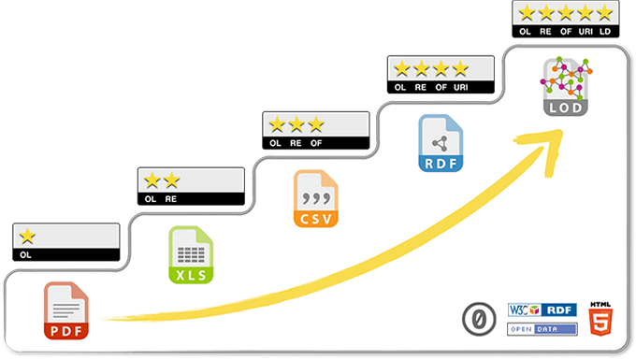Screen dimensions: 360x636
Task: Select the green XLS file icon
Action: pyautogui.click(x=190, y=255)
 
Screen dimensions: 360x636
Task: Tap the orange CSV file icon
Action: pyautogui.click(x=315, y=198)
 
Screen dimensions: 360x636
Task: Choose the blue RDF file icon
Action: pyautogui.click(x=441, y=143)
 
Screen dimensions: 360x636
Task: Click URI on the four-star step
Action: pyautogui.click(x=460, y=87)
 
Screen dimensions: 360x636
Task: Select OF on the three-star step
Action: pyautogui.click(x=316, y=143)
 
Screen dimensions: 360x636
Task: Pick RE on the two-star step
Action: pyautogui.click(x=171, y=199)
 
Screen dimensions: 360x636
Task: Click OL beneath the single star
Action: pyautogui.click(x=26, y=254)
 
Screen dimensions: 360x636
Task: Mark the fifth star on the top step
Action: pyautogui.click(x=604, y=12)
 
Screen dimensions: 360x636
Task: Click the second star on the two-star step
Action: pyautogui.click(x=171, y=180)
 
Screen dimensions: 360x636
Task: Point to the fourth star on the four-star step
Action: pyautogui.click(x=459, y=68)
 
